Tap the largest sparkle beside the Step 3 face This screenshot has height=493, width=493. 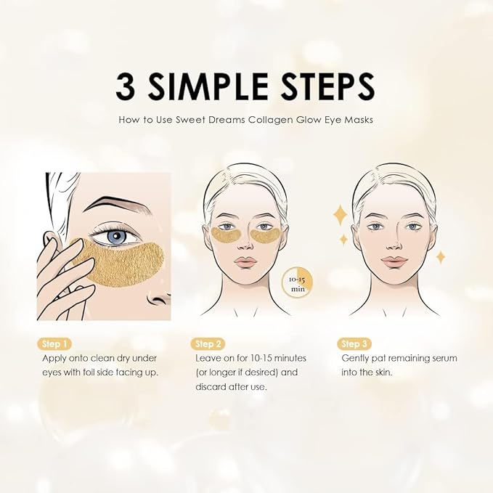(339, 215)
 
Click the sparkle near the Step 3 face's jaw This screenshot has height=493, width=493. (440, 256)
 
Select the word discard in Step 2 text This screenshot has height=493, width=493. (213, 386)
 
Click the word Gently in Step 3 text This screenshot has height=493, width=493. (357, 359)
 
